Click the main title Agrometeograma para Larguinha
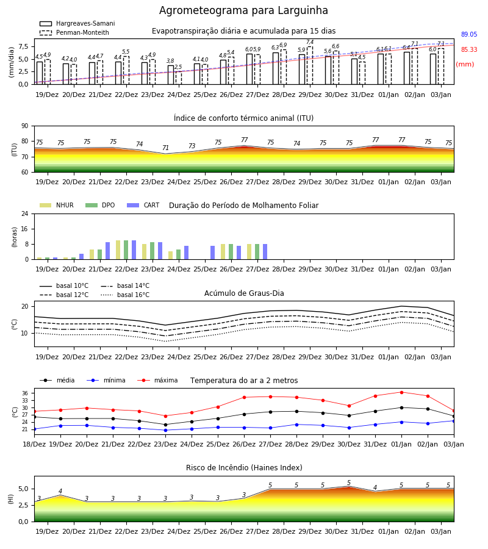(x=243, y=10)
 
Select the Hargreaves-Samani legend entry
(x=77, y=23)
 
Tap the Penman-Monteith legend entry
(x=74, y=32)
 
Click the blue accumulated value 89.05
(x=469, y=34)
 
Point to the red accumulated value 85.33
(x=469, y=50)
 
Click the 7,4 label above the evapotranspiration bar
(x=310, y=42)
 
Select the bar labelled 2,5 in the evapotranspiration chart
(x=179, y=77)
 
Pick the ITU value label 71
(x=165, y=148)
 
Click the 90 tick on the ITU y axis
(x=25, y=126)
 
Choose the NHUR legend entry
(x=57, y=205)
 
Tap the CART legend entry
(x=143, y=205)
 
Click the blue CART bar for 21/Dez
(x=107, y=251)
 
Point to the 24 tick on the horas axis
(x=25, y=213)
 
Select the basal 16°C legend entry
(x=125, y=295)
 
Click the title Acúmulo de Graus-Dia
(x=244, y=293)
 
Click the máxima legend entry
(x=157, y=380)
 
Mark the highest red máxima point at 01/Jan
(x=401, y=392)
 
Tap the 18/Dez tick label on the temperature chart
(x=34, y=444)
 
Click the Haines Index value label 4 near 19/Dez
(x=60, y=491)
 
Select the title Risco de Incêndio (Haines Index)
(x=244, y=468)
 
